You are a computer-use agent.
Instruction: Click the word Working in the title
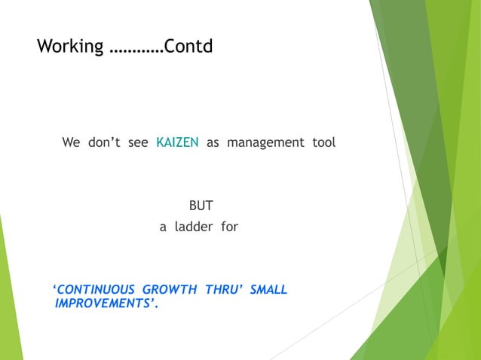coord(70,47)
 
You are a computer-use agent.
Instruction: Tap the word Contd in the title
coord(189,47)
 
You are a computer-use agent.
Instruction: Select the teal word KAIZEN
coord(177,142)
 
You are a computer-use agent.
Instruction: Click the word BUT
coord(201,204)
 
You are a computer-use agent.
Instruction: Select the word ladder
coord(195,225)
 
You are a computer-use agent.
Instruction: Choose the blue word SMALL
coord(268,289)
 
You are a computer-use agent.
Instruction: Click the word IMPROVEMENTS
coord(104,304)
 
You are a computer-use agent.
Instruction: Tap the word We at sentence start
coord(72,142)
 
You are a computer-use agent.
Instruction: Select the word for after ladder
coord(229,225)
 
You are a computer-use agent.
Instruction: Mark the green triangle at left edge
coord(8,301)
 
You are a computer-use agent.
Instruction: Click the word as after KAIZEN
coord(213,142)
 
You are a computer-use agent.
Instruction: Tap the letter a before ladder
coord(162,225)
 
